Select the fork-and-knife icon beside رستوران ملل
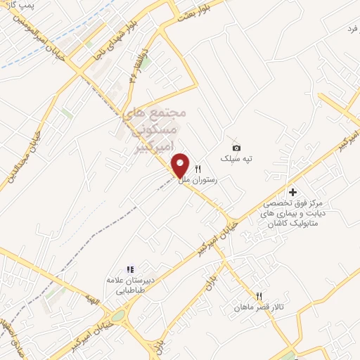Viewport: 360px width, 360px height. click(198, 169)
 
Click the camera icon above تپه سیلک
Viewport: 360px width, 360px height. click(236, 147)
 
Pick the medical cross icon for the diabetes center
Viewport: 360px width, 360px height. click(292, 192)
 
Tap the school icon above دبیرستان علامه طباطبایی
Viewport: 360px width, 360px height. click(129, 269)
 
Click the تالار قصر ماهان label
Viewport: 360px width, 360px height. click(259, 308)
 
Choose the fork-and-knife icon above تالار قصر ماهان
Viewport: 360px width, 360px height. click(259, 296)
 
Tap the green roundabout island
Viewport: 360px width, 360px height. click(117, 316)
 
